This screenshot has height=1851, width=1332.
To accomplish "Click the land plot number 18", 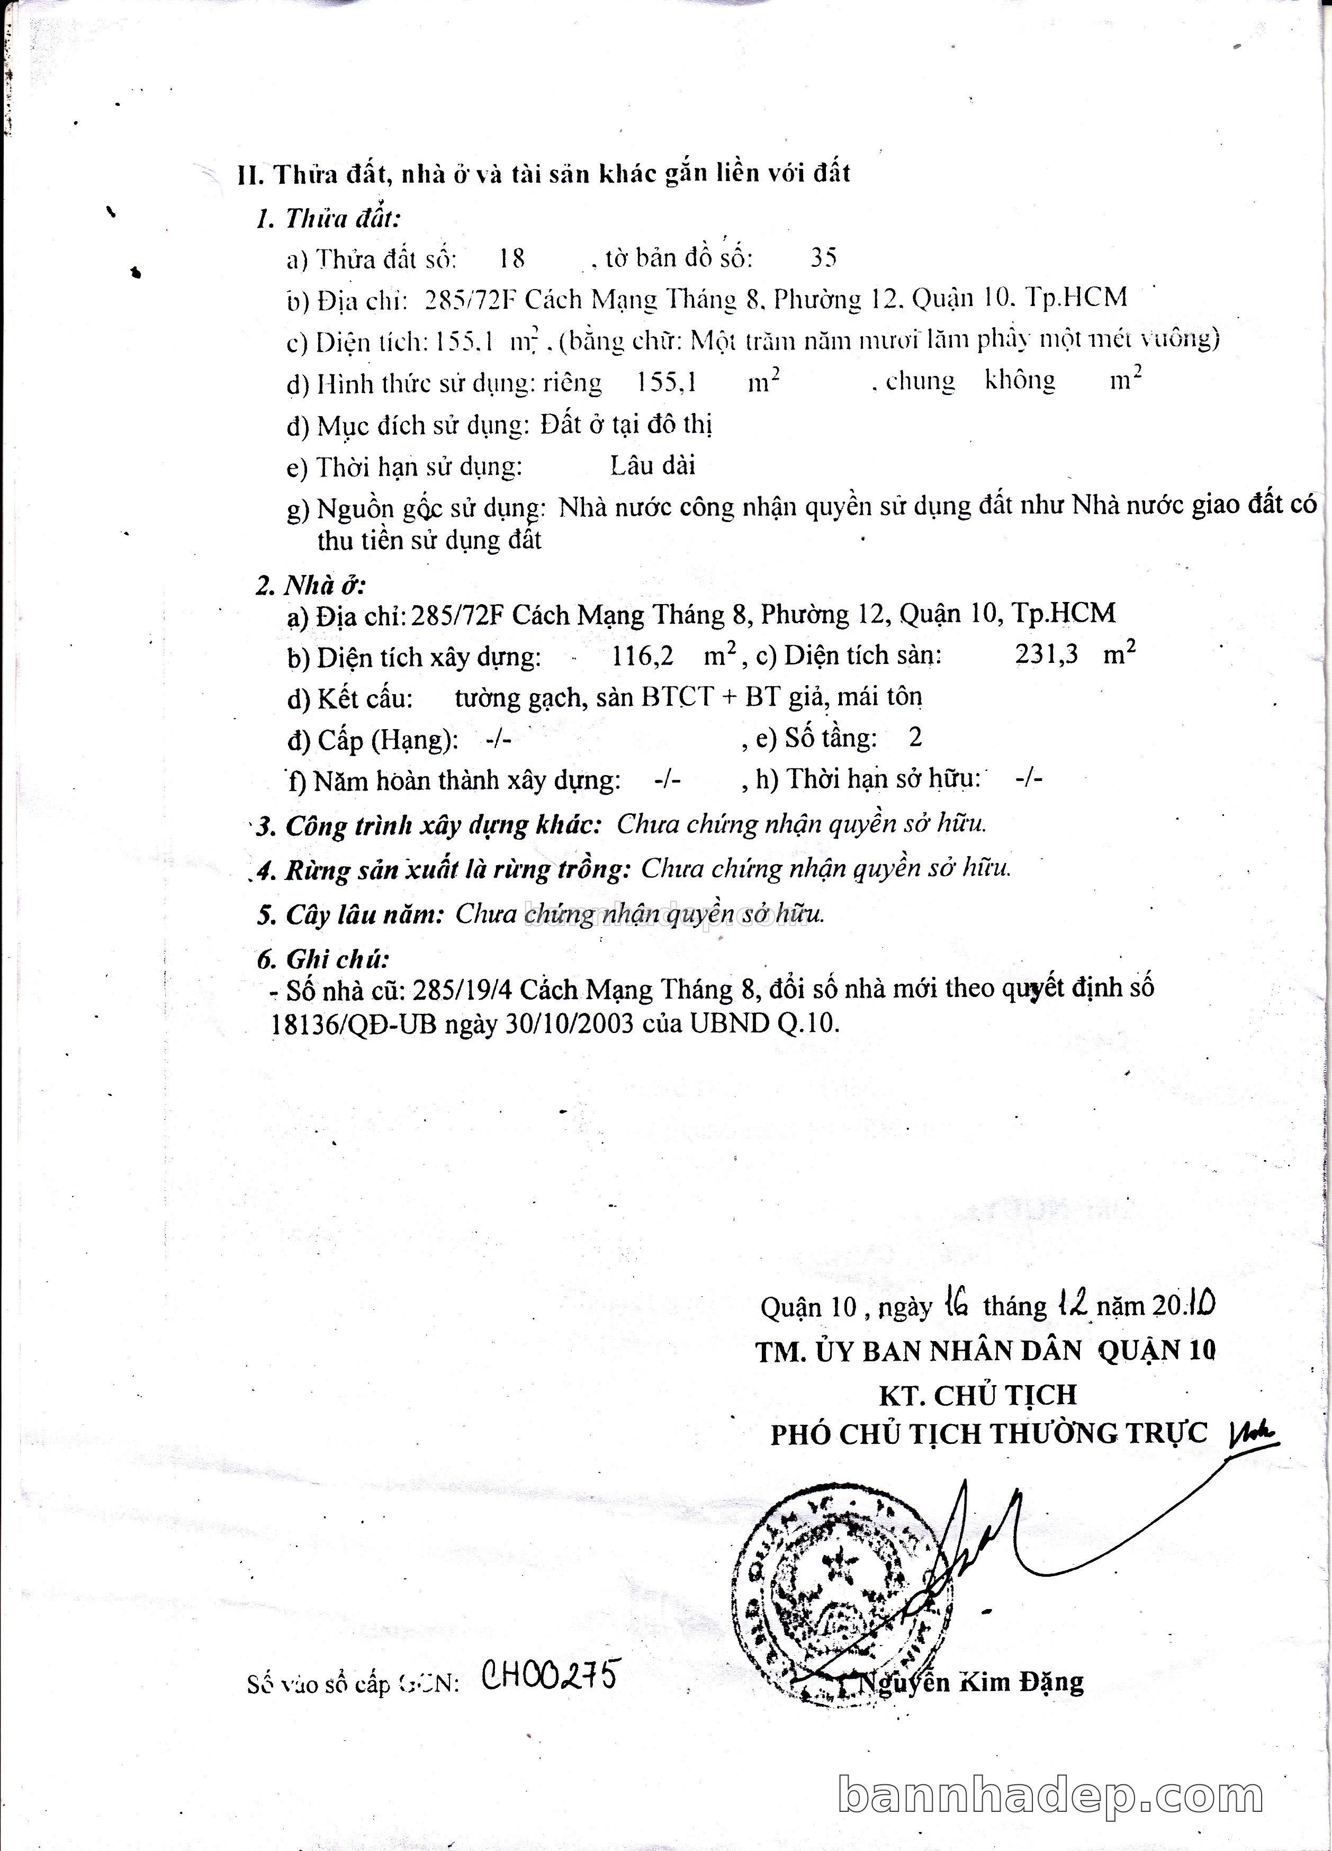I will pyautogui.click(x=512, y=259).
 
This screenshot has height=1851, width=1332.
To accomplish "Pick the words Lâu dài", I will pyautogui.click(x=653, y=466).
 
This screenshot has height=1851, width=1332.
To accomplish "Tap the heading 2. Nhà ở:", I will pyautogui.click(x=311, y=585).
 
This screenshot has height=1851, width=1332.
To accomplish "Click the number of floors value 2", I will pyautogui.click(x=915, y=738).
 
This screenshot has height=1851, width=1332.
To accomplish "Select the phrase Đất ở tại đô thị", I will pyautogui.click(x=627, y=425).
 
